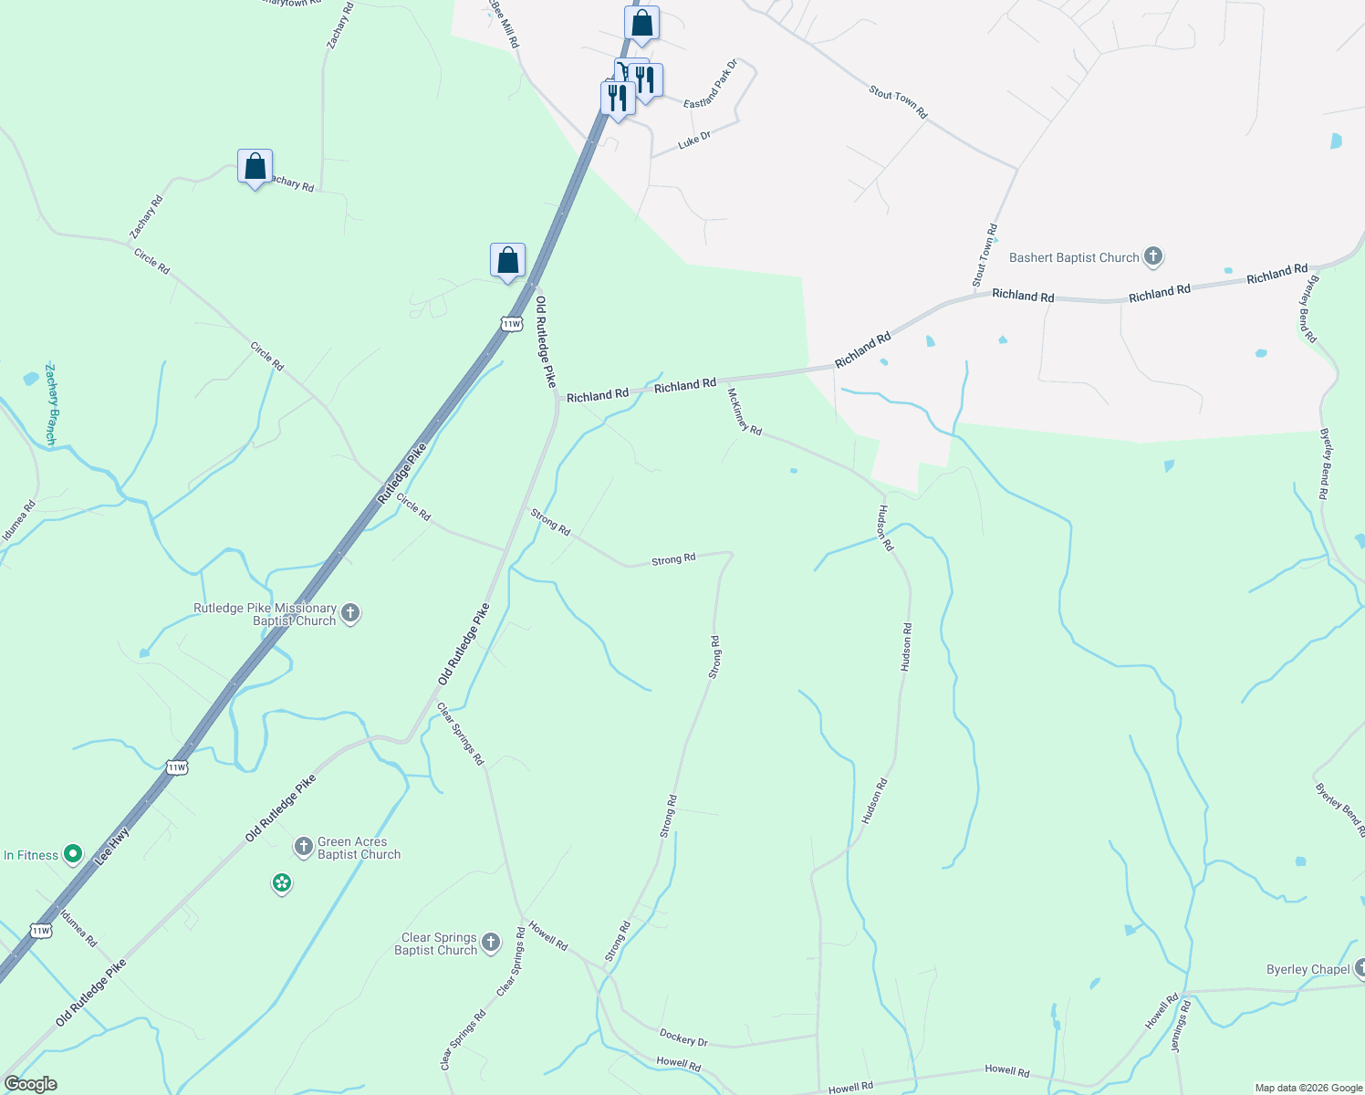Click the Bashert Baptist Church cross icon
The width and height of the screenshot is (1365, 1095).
tap(1152, 256)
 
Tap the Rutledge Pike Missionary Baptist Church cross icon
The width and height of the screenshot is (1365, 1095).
tap(350, 613)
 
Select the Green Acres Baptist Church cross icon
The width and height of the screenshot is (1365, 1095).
tap(303, 847)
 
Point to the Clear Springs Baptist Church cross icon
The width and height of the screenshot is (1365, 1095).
tap(491, 943)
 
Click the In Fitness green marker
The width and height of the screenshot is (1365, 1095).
tap(73, 855)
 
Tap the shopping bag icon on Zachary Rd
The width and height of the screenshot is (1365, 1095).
tap(255, 167)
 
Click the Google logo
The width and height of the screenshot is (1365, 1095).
tap(30, 1084)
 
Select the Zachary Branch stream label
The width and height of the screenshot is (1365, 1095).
tap(51, 404)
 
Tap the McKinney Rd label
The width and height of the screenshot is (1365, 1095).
tap(745, 412)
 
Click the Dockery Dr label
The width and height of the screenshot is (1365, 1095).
tap(683, 1038)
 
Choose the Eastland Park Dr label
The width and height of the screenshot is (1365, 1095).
tap(710, 86)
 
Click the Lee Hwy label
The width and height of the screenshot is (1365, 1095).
tap(113, 845)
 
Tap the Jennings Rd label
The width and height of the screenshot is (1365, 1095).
tap(1182, 1026)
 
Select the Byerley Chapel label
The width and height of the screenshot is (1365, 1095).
tap(1308, 969)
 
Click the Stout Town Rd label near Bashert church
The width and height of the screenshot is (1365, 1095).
tap(985, 255)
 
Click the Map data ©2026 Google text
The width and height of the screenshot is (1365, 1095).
tap(1308, 1088)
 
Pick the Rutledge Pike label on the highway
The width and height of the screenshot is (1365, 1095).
tap(401, 474)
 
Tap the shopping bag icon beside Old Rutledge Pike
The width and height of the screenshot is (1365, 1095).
tap(507, 261)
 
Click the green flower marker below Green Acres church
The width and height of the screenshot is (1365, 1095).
tap(282, 882)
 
